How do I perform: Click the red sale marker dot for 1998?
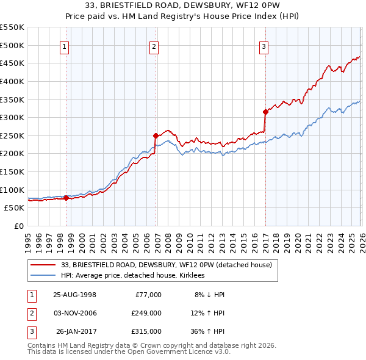tap(66, 198)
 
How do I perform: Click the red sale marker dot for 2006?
tap(156, 135)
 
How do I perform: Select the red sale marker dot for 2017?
tap(265, 112)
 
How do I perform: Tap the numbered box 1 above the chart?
tap(65, 46)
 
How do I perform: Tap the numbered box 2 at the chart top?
tap(154, 46)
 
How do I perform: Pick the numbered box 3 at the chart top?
tap(264, 46)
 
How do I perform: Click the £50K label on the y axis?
tap(15, 207)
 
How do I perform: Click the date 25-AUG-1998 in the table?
tap(74, 295)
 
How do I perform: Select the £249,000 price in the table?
tap(146, 313)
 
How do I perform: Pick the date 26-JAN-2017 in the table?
tap(76, 331)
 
